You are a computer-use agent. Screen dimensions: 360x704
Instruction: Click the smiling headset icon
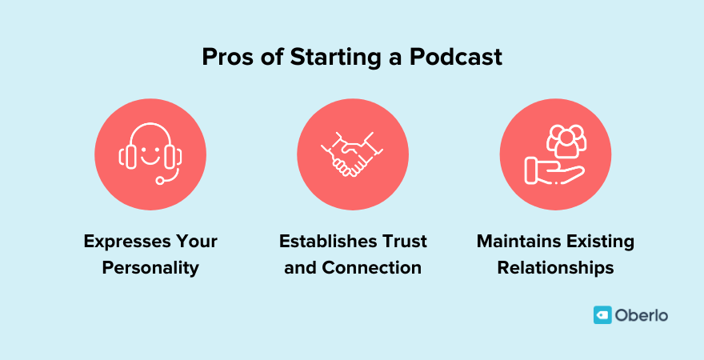click(x=150, y=154)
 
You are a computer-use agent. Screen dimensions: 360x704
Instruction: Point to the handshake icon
click(x=352, y=154)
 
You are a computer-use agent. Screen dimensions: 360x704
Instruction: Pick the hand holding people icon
click(x=555, y=154)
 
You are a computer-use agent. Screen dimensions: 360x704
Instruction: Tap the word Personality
click(x=150, y=267)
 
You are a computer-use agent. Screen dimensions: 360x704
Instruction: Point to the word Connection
click(x=371, y=267)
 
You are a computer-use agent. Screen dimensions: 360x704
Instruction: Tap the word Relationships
click(x=555, y=267)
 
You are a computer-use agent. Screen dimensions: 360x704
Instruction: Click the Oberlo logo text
click(x=642, y=315)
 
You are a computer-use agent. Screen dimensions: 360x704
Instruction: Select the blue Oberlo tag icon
click(x=602, y=315)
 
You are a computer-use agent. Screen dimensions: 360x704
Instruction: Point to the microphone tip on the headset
click(x=160, y=181)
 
